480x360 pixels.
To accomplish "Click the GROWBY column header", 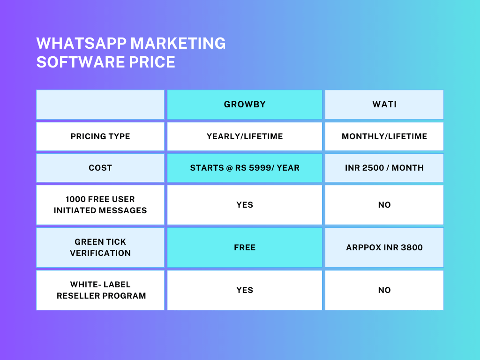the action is point(245,105).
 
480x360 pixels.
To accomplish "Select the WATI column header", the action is point(384,105).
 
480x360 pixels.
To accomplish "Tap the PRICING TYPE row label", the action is point(100,136).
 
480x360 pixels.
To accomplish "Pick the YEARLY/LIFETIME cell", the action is point(245,136).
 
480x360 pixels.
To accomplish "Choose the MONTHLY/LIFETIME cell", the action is point(384,136).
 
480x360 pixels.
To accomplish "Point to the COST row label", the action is point(100,168).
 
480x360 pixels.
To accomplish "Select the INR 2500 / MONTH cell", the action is point(384,168).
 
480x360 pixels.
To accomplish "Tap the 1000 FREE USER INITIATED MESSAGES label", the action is point(100,205).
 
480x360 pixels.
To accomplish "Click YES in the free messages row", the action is point(245,205).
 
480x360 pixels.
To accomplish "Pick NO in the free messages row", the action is point(384,205).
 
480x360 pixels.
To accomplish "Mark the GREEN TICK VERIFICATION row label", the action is point(100,247).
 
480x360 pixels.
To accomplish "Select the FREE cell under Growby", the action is point(245,247).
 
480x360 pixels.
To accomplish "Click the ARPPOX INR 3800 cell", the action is point(384,247).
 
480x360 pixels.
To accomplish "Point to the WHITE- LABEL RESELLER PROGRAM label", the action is point(101,290).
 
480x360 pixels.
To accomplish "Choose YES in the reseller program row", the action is point(245,290).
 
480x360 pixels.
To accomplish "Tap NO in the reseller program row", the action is point(384,290).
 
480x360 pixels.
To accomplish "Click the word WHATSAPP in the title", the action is point(82,43).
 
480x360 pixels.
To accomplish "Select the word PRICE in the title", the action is point(152,62).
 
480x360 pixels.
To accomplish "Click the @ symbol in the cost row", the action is point(230,168).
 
